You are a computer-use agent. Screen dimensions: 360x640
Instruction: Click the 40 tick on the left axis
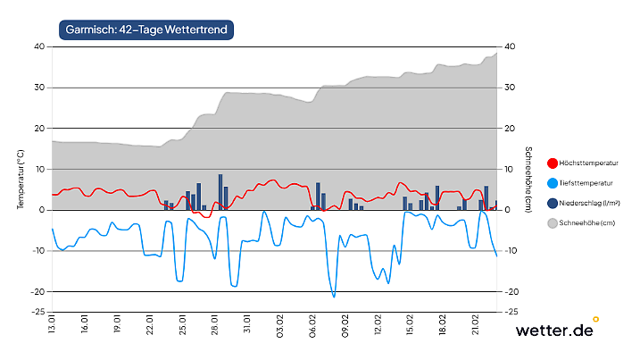coord(38,46)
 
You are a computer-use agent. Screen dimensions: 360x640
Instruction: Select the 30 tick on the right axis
coord(510,88)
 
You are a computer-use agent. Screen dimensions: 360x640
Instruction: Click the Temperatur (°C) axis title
coord(20,179)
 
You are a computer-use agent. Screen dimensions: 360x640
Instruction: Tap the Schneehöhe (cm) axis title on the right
coord(528,179)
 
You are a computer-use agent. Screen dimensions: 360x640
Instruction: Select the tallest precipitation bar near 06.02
coord(318,197)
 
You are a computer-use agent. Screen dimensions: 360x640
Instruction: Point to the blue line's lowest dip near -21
coord(334,296)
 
